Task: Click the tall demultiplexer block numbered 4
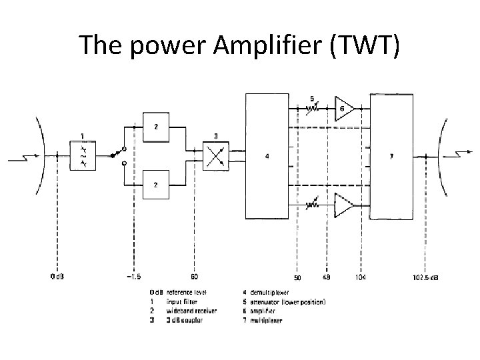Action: coord(267,157)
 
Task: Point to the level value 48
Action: coord(326,277)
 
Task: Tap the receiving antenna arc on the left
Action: coord(40,156)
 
